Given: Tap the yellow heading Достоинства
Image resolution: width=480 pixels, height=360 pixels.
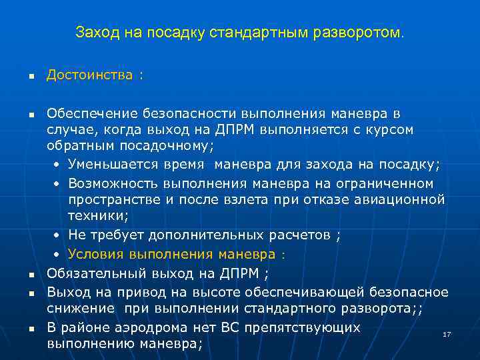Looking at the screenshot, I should (89, 75).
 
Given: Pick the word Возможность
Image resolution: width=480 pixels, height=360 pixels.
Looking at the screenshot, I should (109, 183).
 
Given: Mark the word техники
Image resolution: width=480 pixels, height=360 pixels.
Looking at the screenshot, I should (97, 217).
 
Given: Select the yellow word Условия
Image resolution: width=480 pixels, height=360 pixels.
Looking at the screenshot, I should (95, 254).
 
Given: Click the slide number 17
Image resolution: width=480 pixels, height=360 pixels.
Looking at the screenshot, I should (447, 333).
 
